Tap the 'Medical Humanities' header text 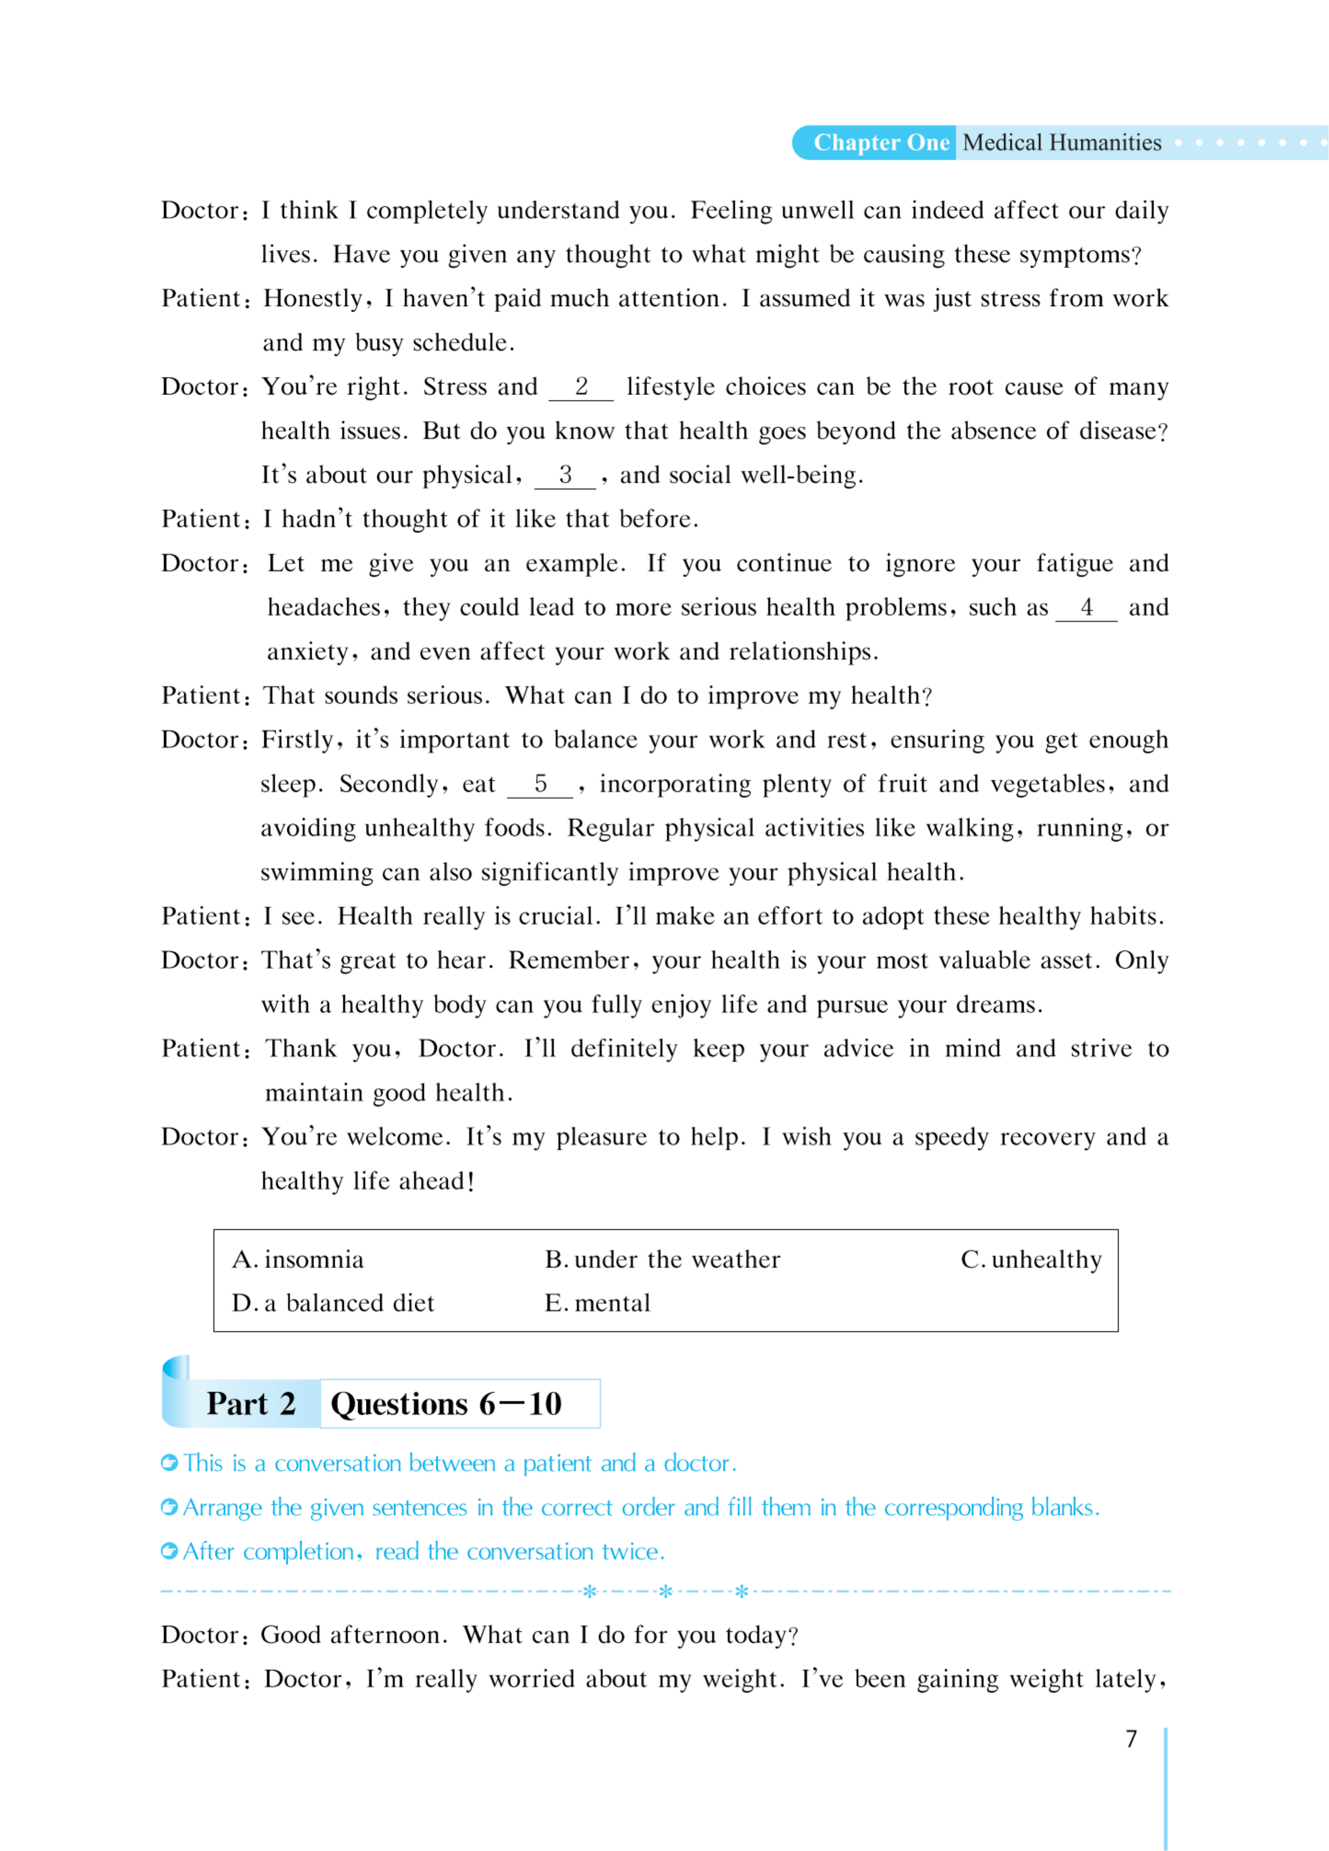coord(1061,143)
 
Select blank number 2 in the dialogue coord(580,387)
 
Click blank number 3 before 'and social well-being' coord(565,475)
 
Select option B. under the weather coord(662,1259)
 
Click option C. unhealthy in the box coord(1031,1259)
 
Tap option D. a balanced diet coord(333,1303)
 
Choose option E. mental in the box coord(598,1303)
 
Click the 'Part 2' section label coord(250,1404)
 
